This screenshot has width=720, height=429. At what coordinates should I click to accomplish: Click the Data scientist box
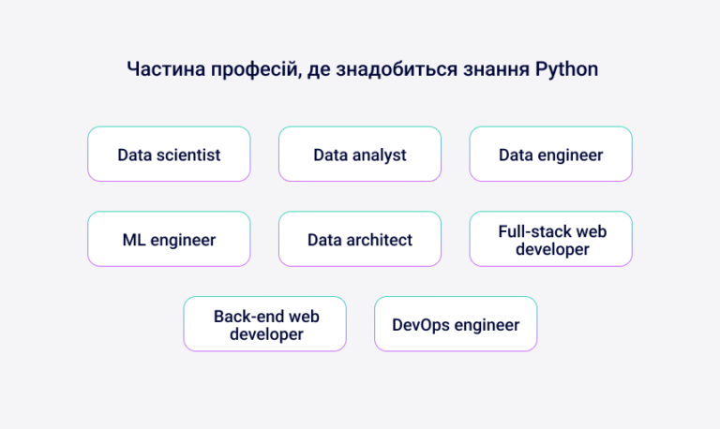169,154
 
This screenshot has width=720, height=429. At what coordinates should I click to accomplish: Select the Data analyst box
360,154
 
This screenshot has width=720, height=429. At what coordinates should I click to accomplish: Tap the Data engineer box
550,154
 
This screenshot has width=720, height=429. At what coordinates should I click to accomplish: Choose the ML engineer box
169,239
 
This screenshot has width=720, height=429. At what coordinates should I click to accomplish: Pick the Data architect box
360,239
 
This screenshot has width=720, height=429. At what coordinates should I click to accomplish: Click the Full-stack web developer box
550,239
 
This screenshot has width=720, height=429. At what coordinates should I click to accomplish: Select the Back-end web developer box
264,324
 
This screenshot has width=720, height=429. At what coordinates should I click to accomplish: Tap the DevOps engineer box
456,324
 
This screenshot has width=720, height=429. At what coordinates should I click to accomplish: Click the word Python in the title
566,70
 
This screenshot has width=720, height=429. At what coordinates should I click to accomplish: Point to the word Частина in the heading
161,70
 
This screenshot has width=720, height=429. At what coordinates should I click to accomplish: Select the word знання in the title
493,70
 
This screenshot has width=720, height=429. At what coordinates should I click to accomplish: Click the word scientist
188,155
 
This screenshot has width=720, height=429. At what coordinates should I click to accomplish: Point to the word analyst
379,155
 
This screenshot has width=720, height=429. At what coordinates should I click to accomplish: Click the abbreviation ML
133,240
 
